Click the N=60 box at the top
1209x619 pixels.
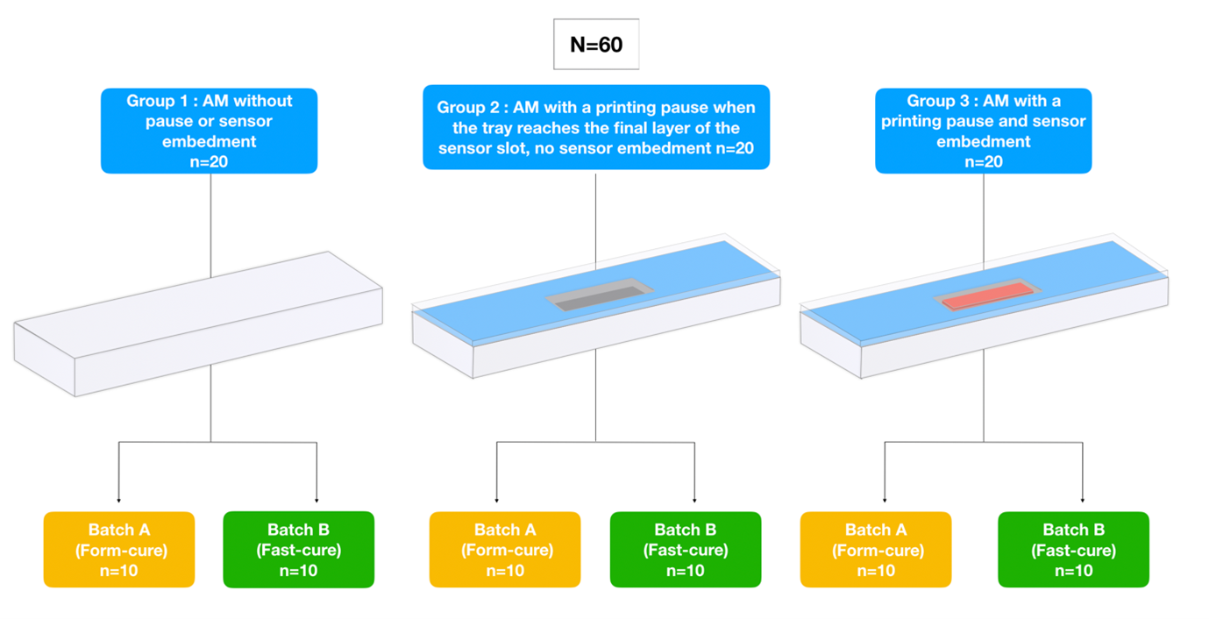pyautogui.click(x=596, y=44)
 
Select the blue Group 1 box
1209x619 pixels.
pyautogui.click(x=209, y=131)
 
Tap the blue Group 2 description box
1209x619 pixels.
pyautogui.click(x=596, y=127)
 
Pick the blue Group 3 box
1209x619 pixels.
pyautogui.click(x=983, y=131)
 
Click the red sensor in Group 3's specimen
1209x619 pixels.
pyautogui.click(x=983, y=295)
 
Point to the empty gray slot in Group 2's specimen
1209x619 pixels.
pyautogui.click(x=596, y=295)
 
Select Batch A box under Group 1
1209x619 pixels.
pyautogui.click(x=119, y=550)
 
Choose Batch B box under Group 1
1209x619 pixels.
pyautogui.click(x=299, y=550)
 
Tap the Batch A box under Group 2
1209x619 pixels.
pyautogui.click(x=505, y=550)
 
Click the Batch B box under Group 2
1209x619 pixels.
pyautogui.click(x=686, y=550)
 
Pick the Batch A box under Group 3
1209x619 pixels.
pyautogui.click(x=876, y=550)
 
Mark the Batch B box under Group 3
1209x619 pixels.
pyautogui.click(x=1073, y=550)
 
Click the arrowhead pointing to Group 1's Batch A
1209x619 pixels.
pyautogui.click(x=119, y=499)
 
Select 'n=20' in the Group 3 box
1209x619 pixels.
pyautogui.click(x=983, y=161)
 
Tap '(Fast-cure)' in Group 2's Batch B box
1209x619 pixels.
pyautogui.click(x=686, y=551)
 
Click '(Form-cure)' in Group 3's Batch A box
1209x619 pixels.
pyautogui.click(x=876, y=551)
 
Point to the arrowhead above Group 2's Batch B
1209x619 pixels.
pyautogui.click(x=694, y=499)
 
